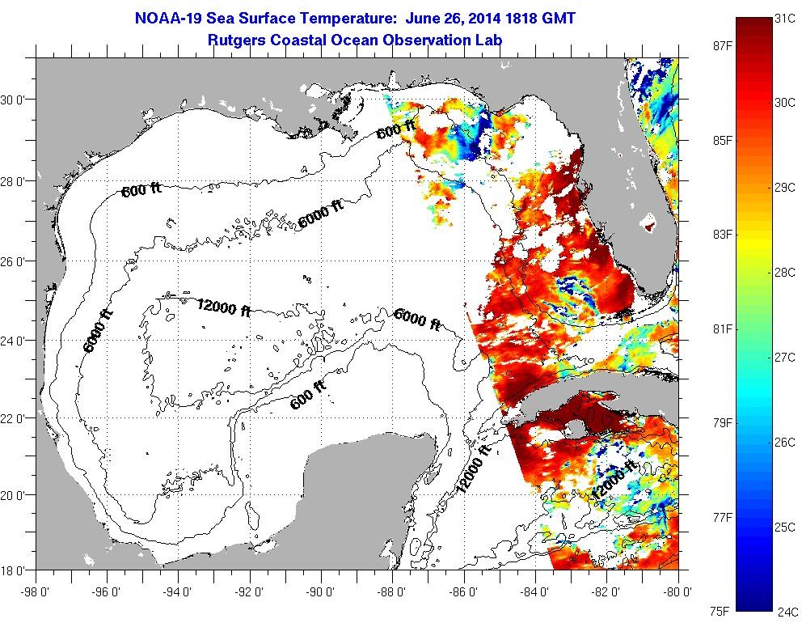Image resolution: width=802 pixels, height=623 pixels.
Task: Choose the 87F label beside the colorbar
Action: click(711, 45)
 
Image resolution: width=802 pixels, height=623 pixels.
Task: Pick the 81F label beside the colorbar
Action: click(711, 328)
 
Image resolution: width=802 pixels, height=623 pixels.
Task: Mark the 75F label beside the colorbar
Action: click(711, 611)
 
